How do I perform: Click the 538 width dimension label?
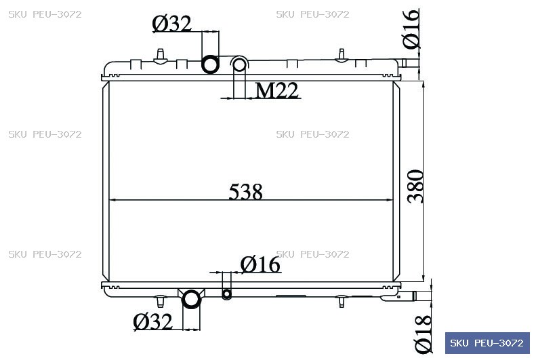tap(245, 191)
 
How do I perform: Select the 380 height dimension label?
tap(415, 186)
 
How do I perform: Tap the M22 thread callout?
tap(277, 91)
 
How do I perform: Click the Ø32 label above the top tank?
tap(172, 24)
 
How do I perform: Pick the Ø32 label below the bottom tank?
tap(152, 322)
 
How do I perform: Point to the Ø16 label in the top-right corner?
tap(411, 29)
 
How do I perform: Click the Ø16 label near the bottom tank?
tap(260, 264)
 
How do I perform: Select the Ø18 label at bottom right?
tap(424, 334)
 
